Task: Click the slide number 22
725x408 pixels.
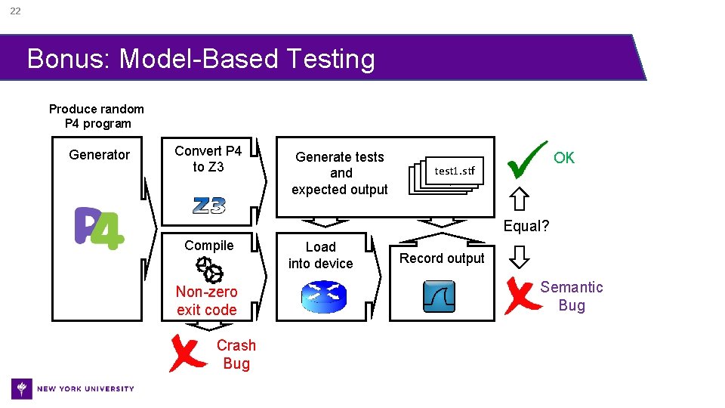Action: [15, 11]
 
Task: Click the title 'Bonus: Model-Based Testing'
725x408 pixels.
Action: [201, 58]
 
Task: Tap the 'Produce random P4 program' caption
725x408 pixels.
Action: [97, 116]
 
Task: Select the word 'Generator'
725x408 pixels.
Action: [99, 155]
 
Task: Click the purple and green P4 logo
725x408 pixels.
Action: [99, 229]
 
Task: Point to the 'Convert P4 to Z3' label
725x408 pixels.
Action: [208, 159]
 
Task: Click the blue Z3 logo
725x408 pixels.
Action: [208, 206]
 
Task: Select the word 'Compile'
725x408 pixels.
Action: [209, 246]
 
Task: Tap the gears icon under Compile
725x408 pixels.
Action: [209, 268]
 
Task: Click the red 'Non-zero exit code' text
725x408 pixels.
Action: [206, 301]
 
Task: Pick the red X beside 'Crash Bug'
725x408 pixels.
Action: [187, 354]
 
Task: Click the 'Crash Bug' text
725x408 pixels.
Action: [236, 354]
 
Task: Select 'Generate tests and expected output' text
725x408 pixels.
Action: [340, 173]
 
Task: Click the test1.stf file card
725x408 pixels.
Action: [454, 171]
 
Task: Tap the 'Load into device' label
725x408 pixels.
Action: [320, 255]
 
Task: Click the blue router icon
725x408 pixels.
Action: [321, 297]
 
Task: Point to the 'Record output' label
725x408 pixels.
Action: [442, 258]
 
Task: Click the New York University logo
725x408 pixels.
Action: [73, 388]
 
